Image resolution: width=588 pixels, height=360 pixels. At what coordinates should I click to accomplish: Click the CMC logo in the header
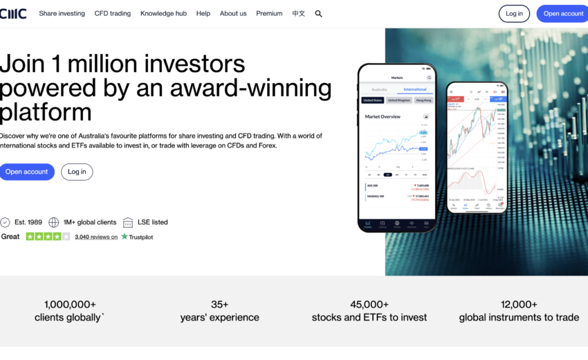pyautogui.click(x=13, y=13)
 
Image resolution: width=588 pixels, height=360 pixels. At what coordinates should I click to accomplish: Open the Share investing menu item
pyautogui.click(x=62, y=13)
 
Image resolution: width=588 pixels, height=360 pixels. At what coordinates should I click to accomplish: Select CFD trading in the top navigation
pyautogui.click(x=113, y=13)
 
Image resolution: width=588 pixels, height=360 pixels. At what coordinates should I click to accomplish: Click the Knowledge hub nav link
pyautogui.click(x=163, y=13)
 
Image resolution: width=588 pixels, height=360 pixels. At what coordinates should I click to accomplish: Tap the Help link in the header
pyautogui.click(x=203, y=13)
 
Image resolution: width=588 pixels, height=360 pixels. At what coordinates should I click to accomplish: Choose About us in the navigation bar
pyautogui.click(x=233, y=13)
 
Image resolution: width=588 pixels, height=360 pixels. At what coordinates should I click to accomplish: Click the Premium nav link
pyautogui.click(x=269, y=13)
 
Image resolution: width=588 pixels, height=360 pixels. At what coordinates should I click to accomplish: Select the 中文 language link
pyautogui.click(x=298, y=13)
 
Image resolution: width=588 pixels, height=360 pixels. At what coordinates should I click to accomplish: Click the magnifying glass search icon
pyautogui.click(x=318, y=13)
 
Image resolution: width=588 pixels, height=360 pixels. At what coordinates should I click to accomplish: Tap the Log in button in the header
pyautogui.click(x=514, y=13)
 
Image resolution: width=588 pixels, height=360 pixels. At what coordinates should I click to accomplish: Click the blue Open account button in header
pyautogui.click(x=562, y=13)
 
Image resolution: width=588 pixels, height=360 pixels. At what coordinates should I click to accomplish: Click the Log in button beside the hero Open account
pyautogui.click(x=77, y=172)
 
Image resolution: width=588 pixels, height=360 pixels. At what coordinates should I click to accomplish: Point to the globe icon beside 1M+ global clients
pyautogui.click(x=54, y=222)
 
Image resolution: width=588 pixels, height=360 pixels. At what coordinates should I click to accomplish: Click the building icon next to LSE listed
pyautogui.click(x=128, y=222)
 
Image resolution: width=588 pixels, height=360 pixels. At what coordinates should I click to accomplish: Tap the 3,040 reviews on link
pyautogui.click(x=96, y=237)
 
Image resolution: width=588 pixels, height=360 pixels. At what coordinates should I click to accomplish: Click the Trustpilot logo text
pyautogui.click(x=137, y=237)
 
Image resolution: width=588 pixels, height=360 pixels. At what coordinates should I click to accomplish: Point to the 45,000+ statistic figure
pyautogui.click(x=369, y=304)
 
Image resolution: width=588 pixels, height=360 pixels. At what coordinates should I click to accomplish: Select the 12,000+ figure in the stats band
pyautogui.click(x=519, y=304)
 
